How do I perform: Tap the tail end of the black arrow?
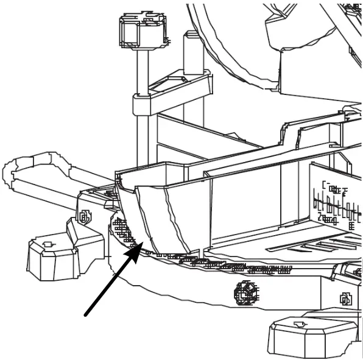tap(86, 314)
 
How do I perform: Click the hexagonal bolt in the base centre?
tap(245, 292)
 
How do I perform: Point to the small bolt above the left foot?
tap(84, 216)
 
